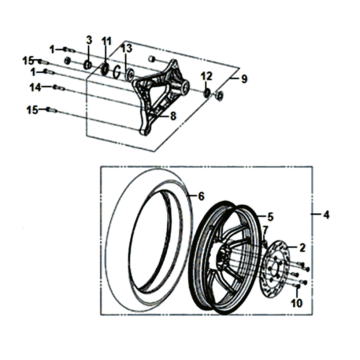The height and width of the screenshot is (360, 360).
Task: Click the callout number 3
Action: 88,39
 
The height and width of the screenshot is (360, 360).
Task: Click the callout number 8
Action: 173,116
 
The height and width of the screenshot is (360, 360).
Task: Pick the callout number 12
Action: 206,77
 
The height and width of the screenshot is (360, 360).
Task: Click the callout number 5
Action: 268,216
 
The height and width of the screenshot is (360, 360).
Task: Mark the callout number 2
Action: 303,246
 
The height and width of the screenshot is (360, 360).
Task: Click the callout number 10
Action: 296,302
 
